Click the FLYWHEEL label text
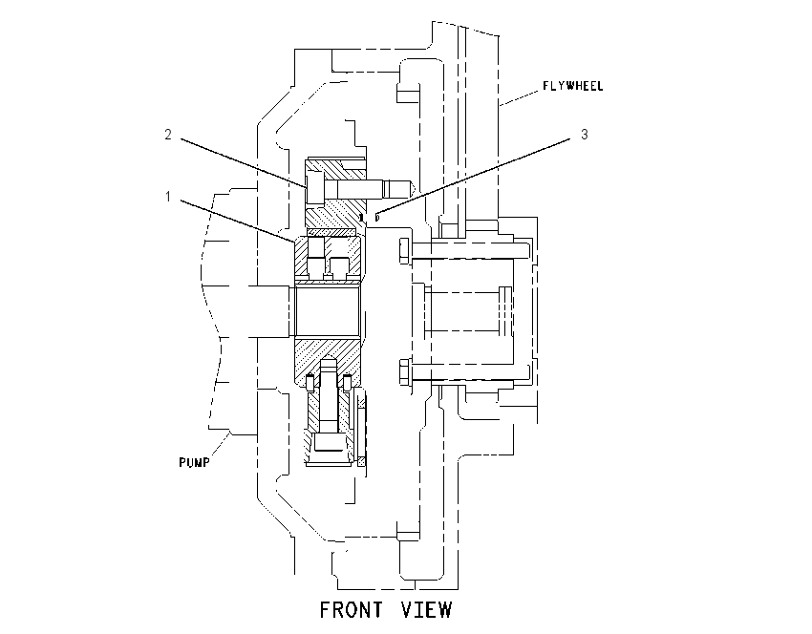573,86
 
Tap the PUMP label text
194,462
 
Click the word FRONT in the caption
352,610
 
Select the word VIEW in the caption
426,610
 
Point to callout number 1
168,197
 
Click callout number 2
168,135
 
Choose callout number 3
584,135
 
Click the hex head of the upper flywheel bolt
405,251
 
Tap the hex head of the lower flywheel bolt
405,372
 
